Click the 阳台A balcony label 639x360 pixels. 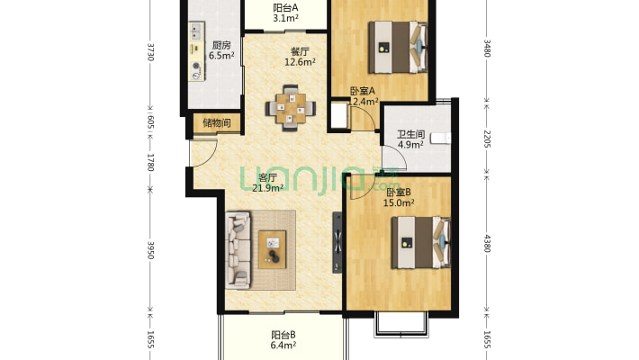pyautogui.click(x=285, y=8)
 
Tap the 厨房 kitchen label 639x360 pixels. pyautogui.click(x=221, y=45)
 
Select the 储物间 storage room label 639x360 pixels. pyautogui.click(x=217, y=122)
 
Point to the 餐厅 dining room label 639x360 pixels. pyautogui.click(x=300, y=52)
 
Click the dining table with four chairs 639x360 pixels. pyautogui.click(x=291, y=108)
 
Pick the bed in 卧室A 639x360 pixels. pyautogui.click(x=398, y=48)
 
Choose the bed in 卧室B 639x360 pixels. pyautogui.click(x=421, y=243)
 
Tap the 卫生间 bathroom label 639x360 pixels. pyautogui.click(x=410, y=134)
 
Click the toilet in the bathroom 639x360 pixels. pyautogui.click(x=441, y=138)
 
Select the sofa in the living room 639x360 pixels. pyautogui.click(x=238, y=249)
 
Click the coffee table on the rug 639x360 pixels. pyautogui.click(x=272, y=249)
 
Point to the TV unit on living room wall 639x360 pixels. pyautogui.click(x=337, y=242)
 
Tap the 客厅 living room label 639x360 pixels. pyautogui.click(x=267, y=178)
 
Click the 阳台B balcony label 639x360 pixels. pyautogui.click(x=283, y=335)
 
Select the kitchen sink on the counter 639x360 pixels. pyautogui.click(x=196, y=31)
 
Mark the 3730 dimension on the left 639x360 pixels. pyautogui.click(x=150, y=52)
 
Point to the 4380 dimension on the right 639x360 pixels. pyautogui.click(x=486, y=243)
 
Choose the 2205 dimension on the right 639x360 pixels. pyautogui.click(x=486, y=139)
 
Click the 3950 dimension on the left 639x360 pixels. pyautogui.click(x=150, y=250)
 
